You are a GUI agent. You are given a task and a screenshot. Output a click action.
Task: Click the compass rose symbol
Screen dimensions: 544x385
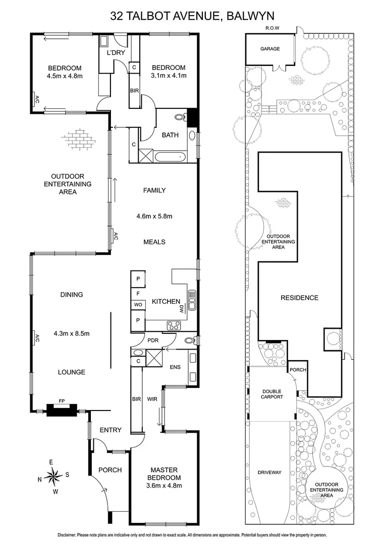pos(53,475)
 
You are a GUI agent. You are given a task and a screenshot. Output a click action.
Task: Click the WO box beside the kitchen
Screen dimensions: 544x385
pos(137,305)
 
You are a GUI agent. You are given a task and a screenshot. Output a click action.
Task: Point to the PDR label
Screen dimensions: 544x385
pos(153,339)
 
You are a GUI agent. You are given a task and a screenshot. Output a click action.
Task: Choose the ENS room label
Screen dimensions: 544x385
pos(175,367)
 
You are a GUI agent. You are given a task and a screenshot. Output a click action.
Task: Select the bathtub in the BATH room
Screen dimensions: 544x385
pos(171,157)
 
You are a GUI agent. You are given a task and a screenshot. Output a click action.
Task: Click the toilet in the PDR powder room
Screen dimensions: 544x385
pos(188,340)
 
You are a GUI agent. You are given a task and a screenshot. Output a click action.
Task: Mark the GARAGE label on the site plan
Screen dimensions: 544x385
pos(269,49)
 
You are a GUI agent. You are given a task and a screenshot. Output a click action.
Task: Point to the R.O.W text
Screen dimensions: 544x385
pos(272,28)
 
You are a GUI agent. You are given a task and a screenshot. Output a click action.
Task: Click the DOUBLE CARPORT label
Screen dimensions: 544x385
pos(271,394)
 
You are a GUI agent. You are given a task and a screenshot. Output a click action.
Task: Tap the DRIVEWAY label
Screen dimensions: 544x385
pos(269,472)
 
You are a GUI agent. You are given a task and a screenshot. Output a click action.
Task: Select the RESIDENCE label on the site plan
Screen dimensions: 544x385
pos(299,298)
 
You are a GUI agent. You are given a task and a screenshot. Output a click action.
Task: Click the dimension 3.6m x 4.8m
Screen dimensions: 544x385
pos(164,486)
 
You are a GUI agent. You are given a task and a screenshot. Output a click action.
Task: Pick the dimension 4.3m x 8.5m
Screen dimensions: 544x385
pos(71,333)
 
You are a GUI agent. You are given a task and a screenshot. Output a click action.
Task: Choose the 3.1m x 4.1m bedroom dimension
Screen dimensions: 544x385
pos(169,76)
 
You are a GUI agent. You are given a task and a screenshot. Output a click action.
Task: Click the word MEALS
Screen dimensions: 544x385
pos(154,242)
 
